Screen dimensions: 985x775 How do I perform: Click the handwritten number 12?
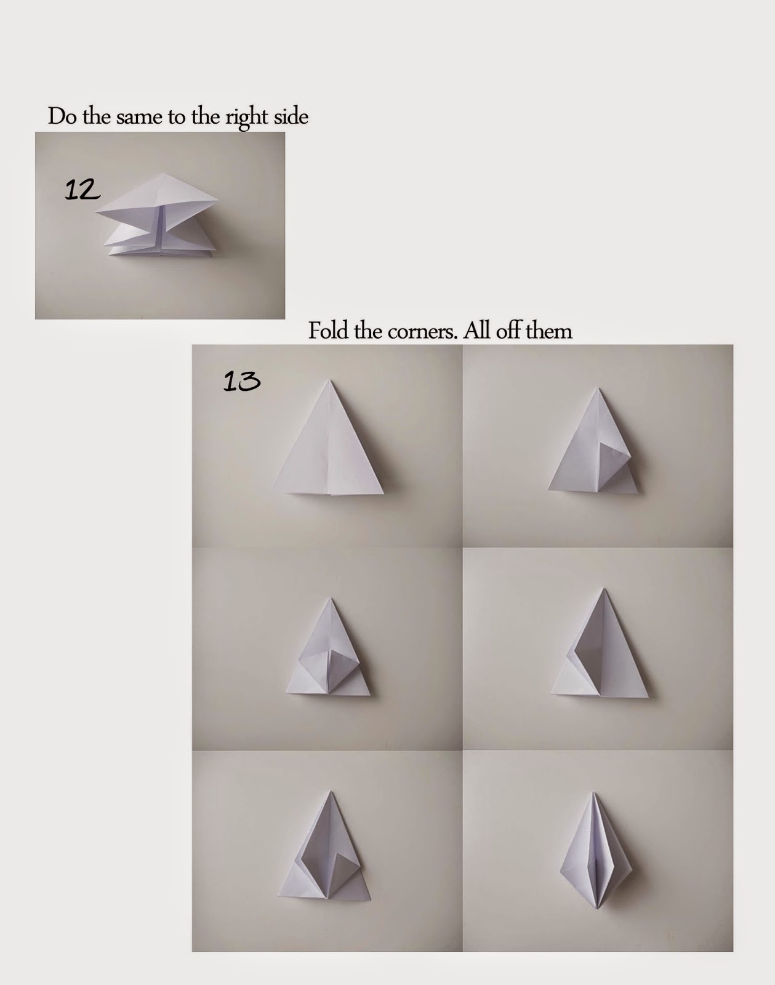[x=82, y=190]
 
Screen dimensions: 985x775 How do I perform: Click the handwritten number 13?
[x=241, y=382]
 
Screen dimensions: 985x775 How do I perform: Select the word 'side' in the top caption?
[x=291, y=117]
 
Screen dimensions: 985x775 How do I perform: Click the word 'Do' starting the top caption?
[x=62, y=117]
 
